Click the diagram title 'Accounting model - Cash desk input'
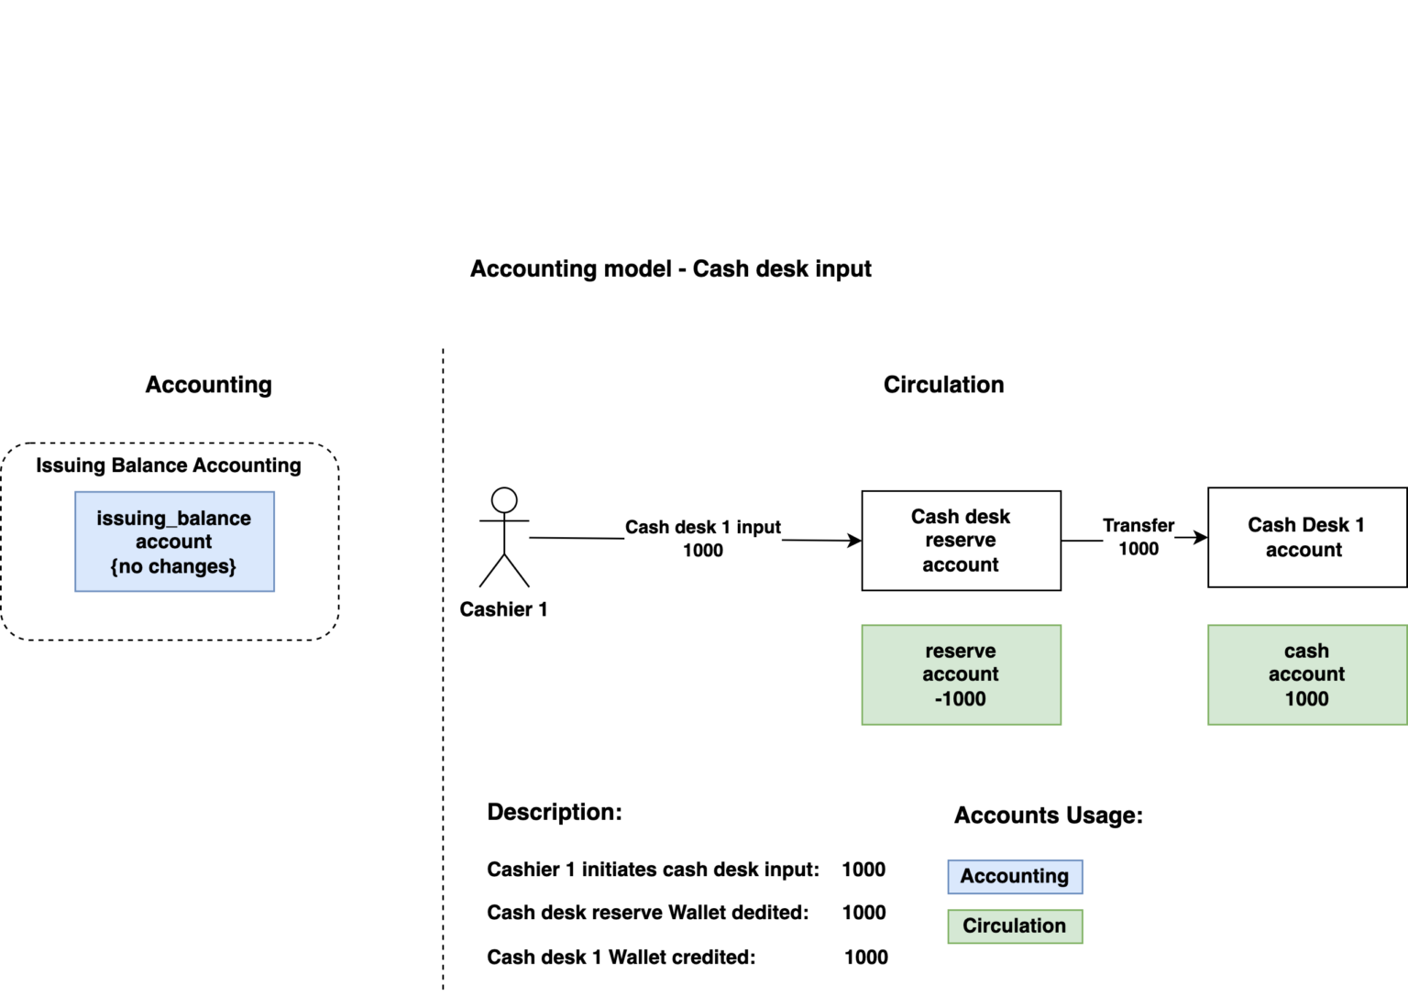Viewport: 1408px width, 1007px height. pos(670,268)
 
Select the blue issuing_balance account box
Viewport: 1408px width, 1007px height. pos(174,542)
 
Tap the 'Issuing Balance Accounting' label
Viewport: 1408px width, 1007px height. pos(169,465)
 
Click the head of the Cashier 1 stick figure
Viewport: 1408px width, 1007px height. pos(504,500)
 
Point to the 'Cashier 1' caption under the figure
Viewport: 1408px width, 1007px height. pos(503,609)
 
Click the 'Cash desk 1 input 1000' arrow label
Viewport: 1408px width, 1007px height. pos(703,538)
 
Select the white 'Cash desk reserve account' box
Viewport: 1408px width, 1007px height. pos(961,541)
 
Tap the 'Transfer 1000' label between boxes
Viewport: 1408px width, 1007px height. pos(1138,536)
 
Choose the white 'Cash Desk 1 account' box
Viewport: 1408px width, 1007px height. pos(1306,537)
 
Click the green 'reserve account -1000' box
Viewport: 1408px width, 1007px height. pos(961,674)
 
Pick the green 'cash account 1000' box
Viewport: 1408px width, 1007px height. pos(1306,674)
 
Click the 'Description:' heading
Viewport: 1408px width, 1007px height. pos(555,812)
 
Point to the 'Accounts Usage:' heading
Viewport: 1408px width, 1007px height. pos(1048,815)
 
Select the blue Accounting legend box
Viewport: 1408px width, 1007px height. pos(1015,876)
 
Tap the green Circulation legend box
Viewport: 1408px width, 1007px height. pos(1015,925)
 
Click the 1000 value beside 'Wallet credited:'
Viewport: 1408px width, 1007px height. pos(865,957)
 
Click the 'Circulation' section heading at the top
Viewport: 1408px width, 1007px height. pos(943,385)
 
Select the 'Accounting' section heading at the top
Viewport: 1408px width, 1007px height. pos(209,385)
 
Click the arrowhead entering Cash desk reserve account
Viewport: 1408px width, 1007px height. pos(855,541)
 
